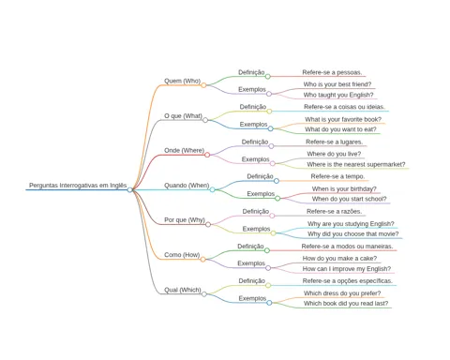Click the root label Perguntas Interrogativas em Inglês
point(78,186)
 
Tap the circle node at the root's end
point(129,189)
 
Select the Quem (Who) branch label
point(182,81)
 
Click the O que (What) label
point(183,116)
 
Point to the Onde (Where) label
point(184,151)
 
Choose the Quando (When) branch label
point(187,186)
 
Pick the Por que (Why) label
point(185,220)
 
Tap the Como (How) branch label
point(182,255)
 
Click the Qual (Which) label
point(183,290)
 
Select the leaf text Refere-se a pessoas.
point(332,72)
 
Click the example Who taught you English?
point(338,95)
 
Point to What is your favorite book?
point(343,119)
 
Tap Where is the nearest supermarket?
point(356,164)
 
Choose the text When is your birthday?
point(344,189)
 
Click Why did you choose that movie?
point(353,234)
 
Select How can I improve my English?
point(347,269)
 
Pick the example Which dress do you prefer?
point(342,293)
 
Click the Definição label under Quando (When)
point(260,176)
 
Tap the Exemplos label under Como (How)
point(251,263)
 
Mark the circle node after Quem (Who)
point(203,85)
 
